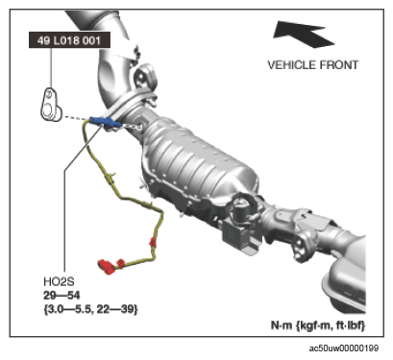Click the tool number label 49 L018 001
coord(69,40)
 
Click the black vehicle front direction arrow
coord(303,34)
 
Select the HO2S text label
coord(59,282)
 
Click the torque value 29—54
coord(61,296)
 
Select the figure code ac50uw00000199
coord(344,348)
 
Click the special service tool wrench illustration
coord(50,105)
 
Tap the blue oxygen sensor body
coord(105,122)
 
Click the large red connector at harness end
coord(107,267)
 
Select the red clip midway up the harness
coord(153,242)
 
